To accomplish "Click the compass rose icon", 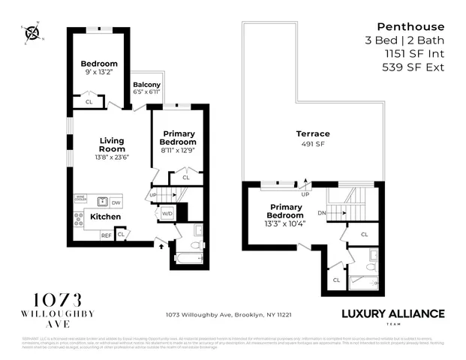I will tap(32, 32).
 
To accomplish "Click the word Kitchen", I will tap(105, 216).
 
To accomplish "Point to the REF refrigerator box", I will tap(107, 235).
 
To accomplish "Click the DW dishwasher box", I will tap(116, 202).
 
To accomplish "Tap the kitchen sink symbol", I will tap(101, 201).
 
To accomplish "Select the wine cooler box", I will tap(80, 199).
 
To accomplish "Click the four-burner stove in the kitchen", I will tap(78, 219).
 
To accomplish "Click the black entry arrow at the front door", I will tap(158, 244).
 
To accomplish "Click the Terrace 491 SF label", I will tap(312, 138).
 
